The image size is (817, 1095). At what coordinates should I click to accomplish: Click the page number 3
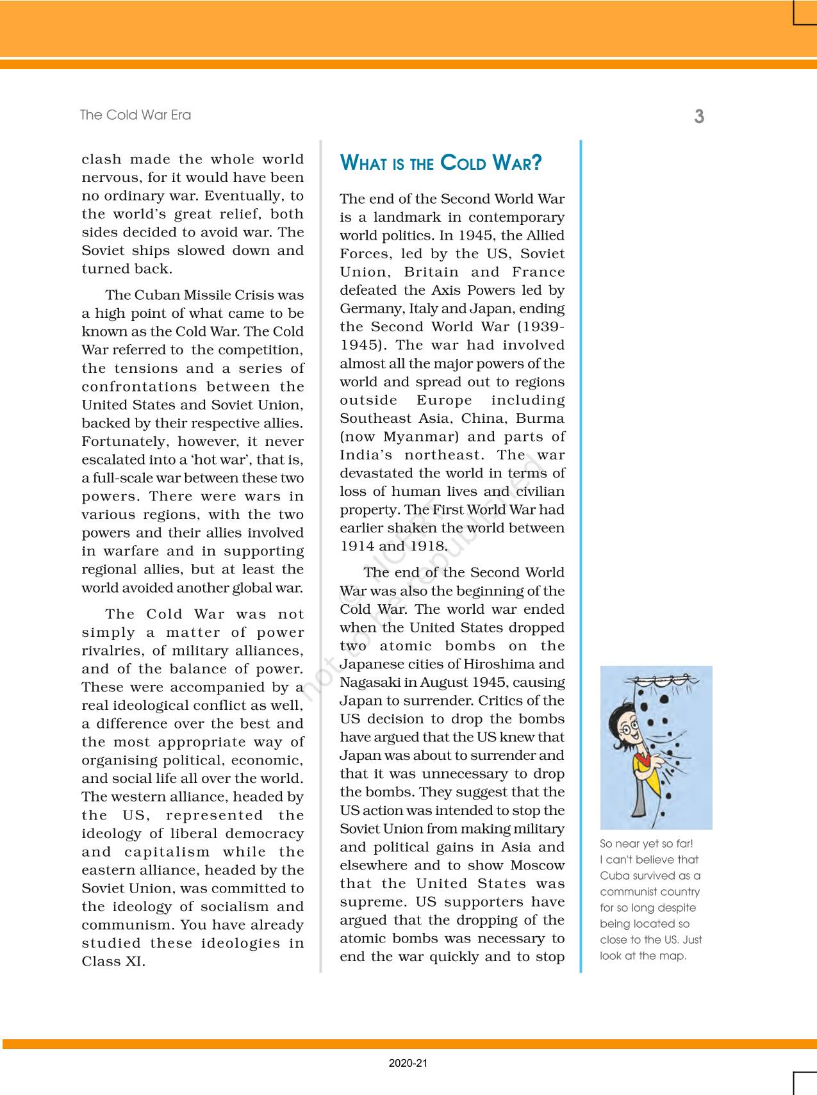pos(699,117)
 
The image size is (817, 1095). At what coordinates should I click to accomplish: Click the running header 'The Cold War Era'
pos(135,115)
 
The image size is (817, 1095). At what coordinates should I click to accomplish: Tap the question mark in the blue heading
pos(537,163)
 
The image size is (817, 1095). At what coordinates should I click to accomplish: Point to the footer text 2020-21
pos(408,1064)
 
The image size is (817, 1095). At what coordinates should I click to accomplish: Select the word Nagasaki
pos(368,682)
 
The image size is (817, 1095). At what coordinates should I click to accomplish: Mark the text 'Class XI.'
pos(113,962)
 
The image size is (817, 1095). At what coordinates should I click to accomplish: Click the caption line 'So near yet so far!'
pos(647,844)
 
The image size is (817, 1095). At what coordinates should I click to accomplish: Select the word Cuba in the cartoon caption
pos(613,876)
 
